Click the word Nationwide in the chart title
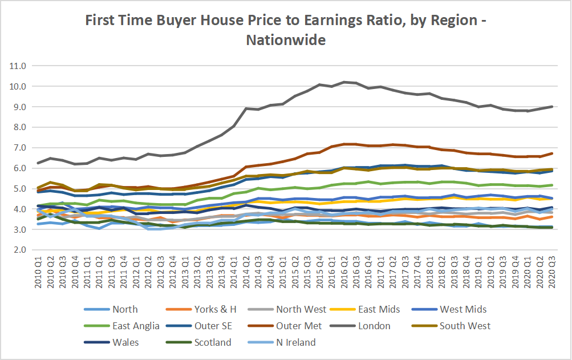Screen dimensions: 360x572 point(286,41)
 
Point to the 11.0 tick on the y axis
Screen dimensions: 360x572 point(19,66)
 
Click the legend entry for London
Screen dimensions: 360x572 point(375,326)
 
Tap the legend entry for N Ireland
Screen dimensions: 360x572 point(295,342)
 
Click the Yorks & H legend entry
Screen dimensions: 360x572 point(216,309)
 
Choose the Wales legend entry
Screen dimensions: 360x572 point(125,342)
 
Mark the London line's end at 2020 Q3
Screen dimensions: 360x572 point(551,107)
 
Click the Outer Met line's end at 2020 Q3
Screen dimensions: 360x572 point(551,153)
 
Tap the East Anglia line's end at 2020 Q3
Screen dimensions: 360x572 point(551,185)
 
